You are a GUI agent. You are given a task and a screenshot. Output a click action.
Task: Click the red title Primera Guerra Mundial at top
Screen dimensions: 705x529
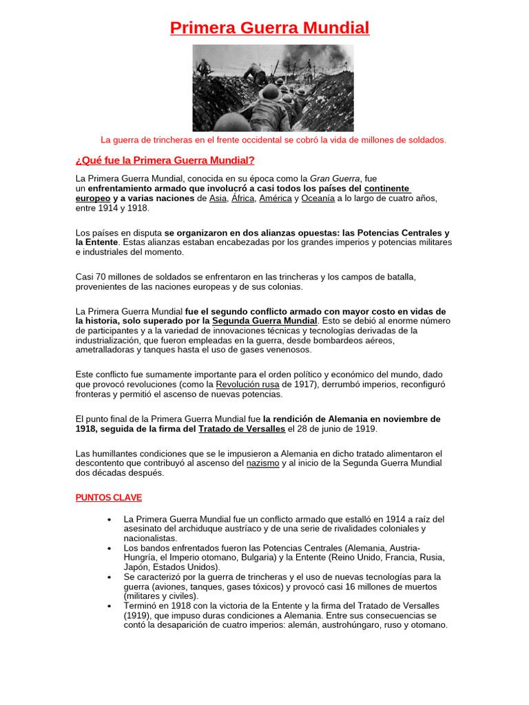click(x=269, y=28)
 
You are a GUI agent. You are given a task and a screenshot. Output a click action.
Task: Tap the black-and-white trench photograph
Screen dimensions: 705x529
click(x=273, y=88)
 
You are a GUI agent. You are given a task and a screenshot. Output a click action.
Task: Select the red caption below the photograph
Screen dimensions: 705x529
click(x=273, y=140)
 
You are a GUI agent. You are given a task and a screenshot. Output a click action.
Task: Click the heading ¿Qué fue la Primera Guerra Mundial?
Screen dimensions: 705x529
click(x=165, y=161)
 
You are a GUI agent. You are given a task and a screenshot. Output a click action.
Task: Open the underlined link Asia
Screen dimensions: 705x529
click(x=218, y=198)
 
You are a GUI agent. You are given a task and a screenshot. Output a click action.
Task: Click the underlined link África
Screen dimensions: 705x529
click(x=242, y=198)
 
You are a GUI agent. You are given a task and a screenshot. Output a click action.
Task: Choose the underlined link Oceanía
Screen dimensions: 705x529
click(x=318, y=198)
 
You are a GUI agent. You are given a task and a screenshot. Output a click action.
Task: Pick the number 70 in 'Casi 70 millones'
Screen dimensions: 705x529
click(x=101, y=277)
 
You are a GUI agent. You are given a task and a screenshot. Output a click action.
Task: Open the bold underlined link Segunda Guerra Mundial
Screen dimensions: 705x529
click(x=264, y=321)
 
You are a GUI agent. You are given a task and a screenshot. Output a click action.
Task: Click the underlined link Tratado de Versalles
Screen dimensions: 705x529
click(x=242, y=429)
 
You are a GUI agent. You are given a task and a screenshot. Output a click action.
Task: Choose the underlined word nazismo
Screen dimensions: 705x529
click(x=262, y=463)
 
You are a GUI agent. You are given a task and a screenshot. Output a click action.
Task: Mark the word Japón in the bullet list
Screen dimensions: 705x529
click(x=137, y=567)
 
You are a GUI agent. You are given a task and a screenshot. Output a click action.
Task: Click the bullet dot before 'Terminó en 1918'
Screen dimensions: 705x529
click(x=110, y=606)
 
